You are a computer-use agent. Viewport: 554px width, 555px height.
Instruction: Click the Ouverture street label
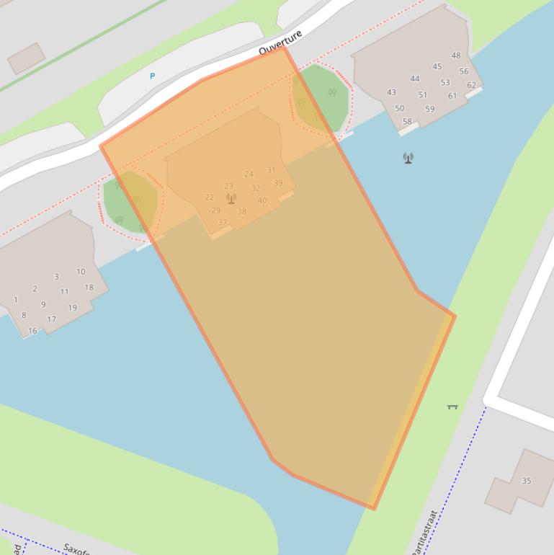point(280,43)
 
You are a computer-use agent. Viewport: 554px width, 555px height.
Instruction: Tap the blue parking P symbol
point(152,76)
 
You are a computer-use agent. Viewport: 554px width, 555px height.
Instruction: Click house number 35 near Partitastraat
point(526,481)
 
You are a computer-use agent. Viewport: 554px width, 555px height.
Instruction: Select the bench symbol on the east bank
point(452,407)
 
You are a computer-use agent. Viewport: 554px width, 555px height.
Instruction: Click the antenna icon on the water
point(408,158)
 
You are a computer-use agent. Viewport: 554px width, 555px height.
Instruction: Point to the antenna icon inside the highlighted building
point(231,198)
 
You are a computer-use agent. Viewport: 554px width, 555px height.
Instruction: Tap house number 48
point(456,55)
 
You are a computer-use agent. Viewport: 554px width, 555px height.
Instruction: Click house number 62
point(471,85)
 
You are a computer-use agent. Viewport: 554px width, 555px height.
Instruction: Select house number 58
point(407,122)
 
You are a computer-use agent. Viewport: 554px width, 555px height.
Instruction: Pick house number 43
point(391,92)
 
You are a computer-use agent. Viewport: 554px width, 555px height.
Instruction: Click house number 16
point(32,331)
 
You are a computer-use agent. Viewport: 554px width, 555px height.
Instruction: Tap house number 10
point(81,272)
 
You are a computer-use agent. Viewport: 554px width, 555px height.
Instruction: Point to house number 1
point(16,300)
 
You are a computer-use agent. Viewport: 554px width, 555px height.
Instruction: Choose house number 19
point(72,308)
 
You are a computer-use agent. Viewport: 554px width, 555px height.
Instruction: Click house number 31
point(271,170)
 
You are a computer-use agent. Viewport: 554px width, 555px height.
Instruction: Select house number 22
point(209,197)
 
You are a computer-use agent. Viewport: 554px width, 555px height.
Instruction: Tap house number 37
point(223,223)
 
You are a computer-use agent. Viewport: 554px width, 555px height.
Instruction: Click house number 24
point(249,174)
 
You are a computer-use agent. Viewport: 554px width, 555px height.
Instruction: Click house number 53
point(444,82)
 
